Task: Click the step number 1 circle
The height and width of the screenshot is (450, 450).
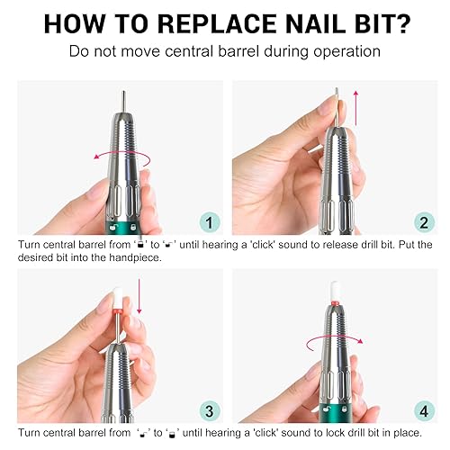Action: (x=210, y=221)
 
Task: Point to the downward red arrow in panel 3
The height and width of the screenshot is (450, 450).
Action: (x=140, y=298)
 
